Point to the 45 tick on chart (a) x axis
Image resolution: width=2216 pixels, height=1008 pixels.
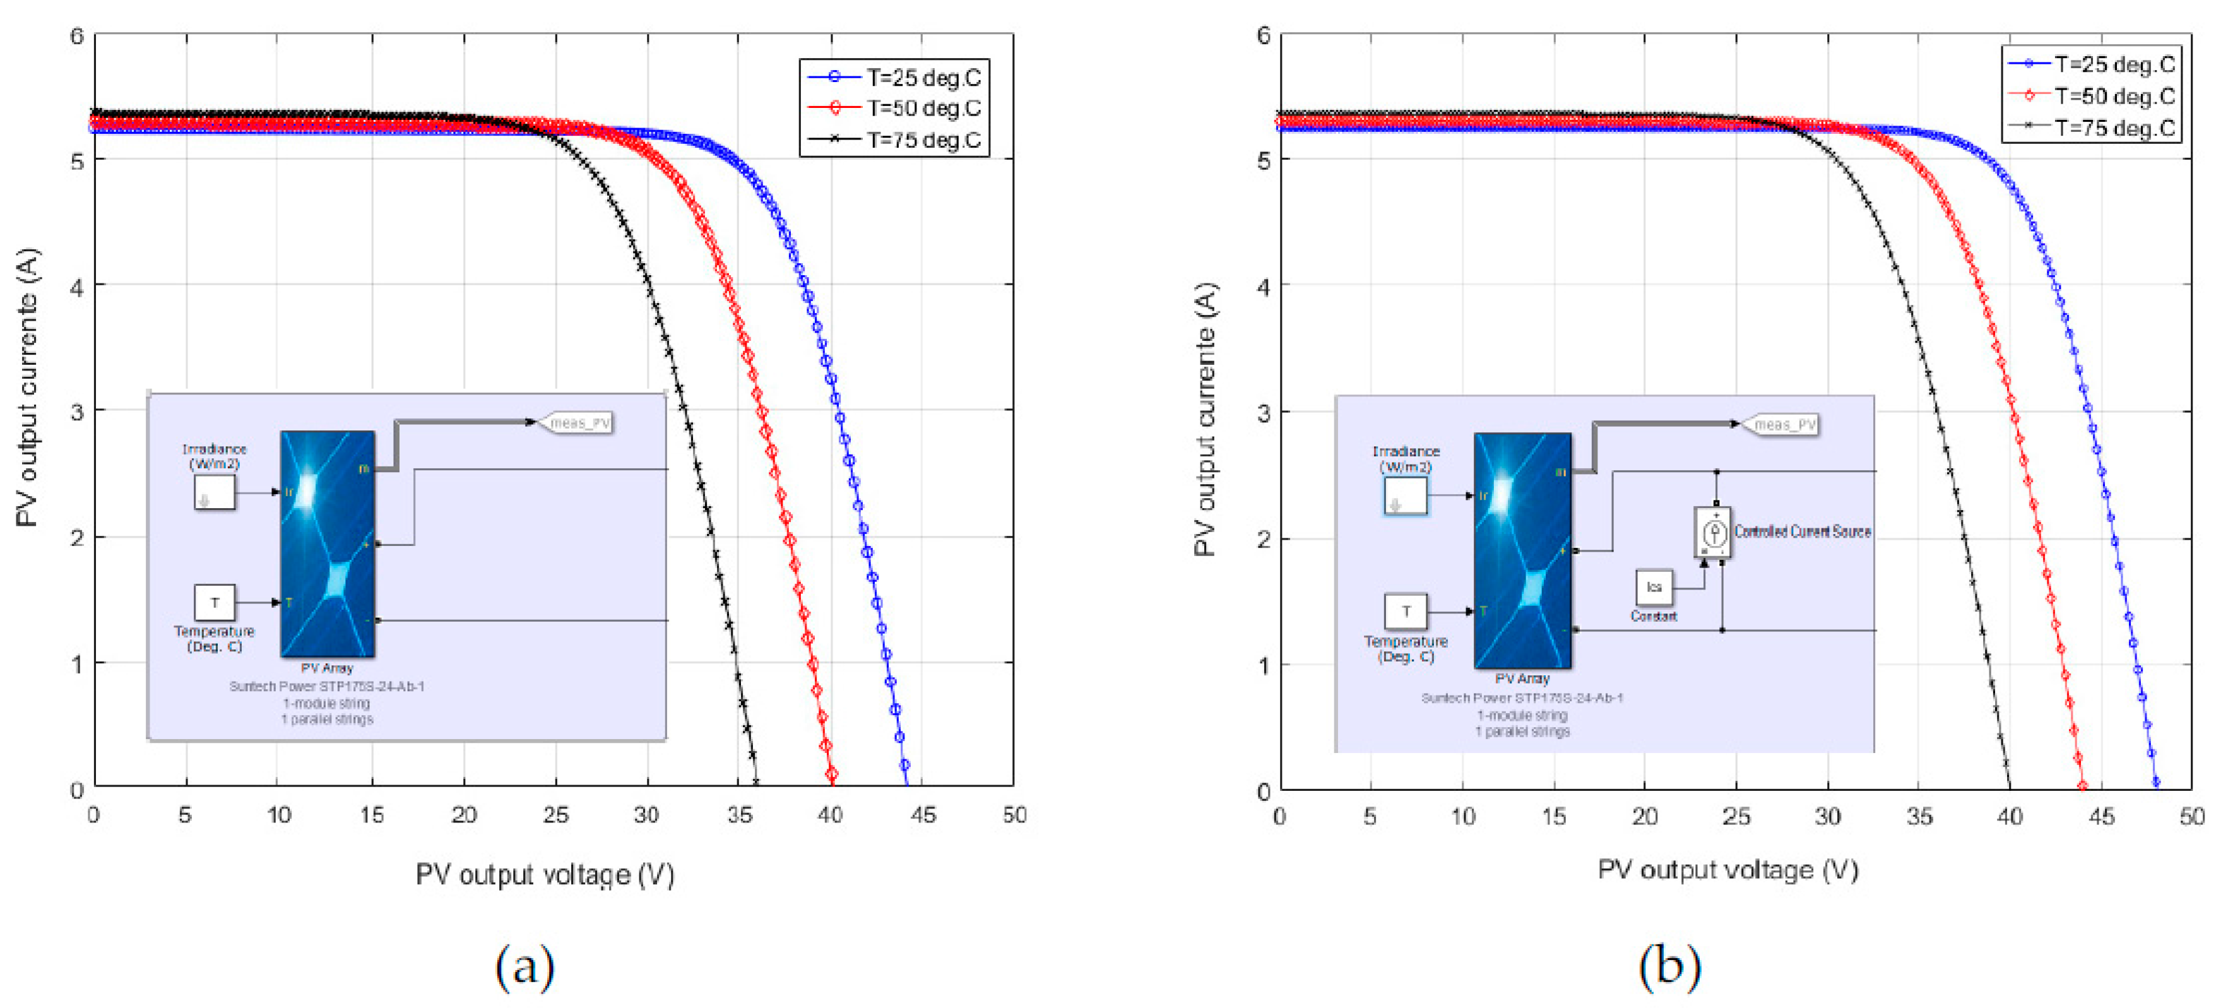pyautogui.click(x=922, y=814)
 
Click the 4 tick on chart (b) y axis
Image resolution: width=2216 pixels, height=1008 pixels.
pyautogui.click(x=1263, y=287)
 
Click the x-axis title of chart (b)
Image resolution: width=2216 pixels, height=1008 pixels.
pyautogui.click(x=1727, y=870)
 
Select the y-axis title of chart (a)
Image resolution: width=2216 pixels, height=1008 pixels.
pyautogui.click(x=28, y=387)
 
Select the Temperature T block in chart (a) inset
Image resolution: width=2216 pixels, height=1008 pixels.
pyautogui.click(x=214, y=602)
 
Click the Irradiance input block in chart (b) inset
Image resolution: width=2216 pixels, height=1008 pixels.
pyautogui.click(x=1405, y=496)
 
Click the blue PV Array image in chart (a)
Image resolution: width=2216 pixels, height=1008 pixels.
pyautogui.click(x=328, y=543)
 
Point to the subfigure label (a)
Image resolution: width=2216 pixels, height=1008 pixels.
pyautogui.click(x=524, y=966)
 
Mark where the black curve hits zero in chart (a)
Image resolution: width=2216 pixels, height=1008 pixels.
pyautogui.click(x=755, y=783)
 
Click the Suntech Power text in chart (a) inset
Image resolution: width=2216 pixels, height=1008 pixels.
pyautogui.click(x=327, y=686)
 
